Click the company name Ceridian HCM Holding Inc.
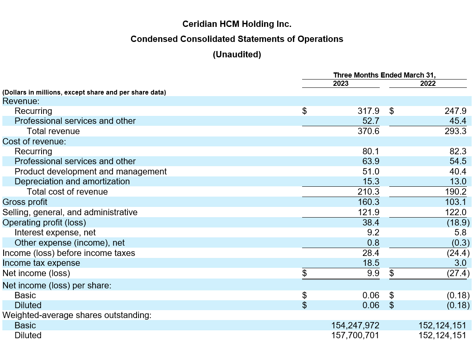tap(237, 24)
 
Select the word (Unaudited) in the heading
tap(237, 55)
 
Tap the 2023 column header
tap(341, 83)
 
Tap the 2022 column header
tap(428, 83)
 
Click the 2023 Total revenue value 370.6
tap(368, 131)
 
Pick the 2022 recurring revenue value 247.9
tap(455, 111)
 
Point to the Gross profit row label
tap(25, 202)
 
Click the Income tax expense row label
tap(41, 263)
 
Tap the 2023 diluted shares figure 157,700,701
tap(355, 335)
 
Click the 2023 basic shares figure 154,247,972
tap(355, 326)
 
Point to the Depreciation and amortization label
tap(72, 182)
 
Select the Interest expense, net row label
tap(55, 233)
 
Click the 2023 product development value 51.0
tap(371, 172)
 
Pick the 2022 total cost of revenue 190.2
tap(455, 192)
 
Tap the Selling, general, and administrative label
tap(70, 212)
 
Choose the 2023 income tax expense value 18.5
tap(371, 263)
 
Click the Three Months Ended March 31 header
tap(384, 75)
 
